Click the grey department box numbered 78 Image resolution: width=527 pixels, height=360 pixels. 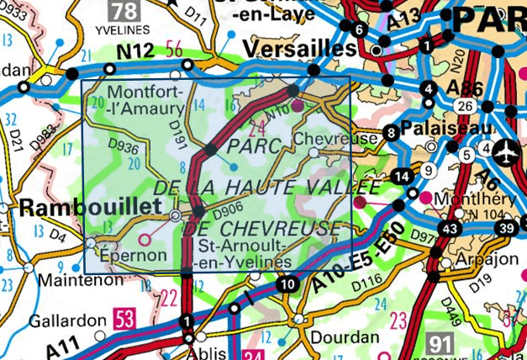(x=123, y=12)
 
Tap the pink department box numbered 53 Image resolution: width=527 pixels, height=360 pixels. (x=124, y=320)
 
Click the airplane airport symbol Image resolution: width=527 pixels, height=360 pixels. (x=508, y=155)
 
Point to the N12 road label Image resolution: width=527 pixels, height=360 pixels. (x=134, y=52)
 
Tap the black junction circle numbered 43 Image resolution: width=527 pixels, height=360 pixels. (x=451, y=229)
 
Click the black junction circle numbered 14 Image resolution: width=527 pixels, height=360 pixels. (x=403, y=176)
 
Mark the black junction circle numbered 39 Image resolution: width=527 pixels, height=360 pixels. (x=506, y=229)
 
